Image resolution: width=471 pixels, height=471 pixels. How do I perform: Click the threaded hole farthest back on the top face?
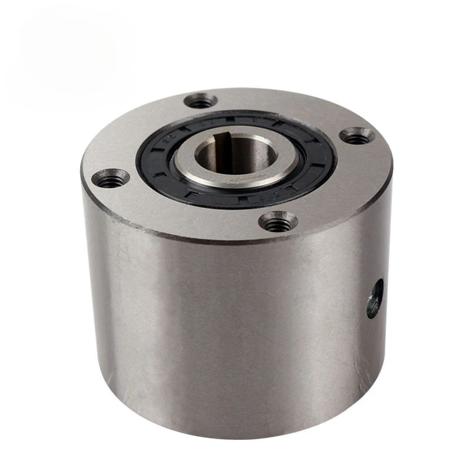click(201, 101)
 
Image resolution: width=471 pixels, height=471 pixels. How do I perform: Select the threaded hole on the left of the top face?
click(111, 178)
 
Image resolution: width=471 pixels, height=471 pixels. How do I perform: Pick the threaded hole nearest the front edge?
click(278, 221)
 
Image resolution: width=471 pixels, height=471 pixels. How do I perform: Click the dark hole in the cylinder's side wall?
click(374, 298)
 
